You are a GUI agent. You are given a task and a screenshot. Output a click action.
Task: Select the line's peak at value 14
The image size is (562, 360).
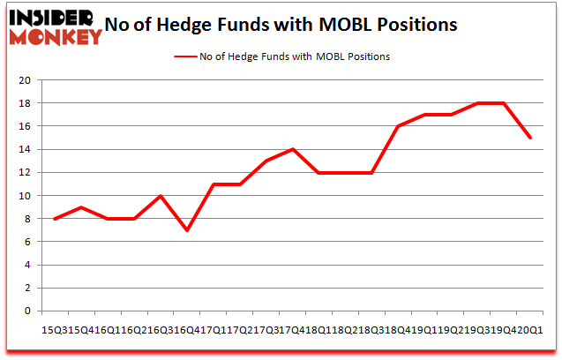click(x=293, y=149)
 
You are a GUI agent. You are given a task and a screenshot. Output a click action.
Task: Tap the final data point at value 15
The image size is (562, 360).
click(x=529, y=138)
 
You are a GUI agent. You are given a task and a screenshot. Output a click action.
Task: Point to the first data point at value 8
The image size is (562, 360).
click(x=56, y=219)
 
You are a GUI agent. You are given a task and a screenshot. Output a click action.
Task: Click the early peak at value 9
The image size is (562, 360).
click(x=82, y=207)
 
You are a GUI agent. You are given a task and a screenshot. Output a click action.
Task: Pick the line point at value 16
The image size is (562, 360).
click(x=398, y=126)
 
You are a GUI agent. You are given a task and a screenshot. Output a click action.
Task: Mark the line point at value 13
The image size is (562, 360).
click(x=266, y=161)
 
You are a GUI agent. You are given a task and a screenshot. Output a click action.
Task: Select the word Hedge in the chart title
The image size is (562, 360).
click(x=205, y=25)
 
